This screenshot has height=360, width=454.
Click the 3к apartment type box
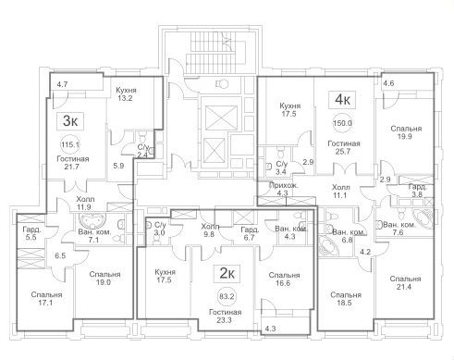click(70, 121)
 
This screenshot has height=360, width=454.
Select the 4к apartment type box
click(342, 100)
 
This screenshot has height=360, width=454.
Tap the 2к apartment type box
click(227, 274)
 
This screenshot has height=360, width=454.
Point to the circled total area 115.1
click(70, 144)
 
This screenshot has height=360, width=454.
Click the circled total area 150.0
click(342, 123)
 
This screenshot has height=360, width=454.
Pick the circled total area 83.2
click(227, 297)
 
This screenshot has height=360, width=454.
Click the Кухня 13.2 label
click(126, 94)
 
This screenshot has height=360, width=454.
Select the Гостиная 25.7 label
click(344, 147)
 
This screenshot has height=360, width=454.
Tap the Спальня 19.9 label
click(406, 132)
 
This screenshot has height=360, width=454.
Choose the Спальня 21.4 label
click(405, 283)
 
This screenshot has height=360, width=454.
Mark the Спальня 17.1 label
click(46, 299)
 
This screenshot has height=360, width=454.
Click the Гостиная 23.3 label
click(225, 317)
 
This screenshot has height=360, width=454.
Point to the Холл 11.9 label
click(85, 204)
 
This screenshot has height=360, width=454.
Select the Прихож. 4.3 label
click(283, 190)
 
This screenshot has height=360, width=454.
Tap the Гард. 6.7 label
click(250, 233)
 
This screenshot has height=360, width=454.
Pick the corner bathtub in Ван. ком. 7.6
click(422, 218)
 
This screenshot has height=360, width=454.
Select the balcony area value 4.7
click(62, 84)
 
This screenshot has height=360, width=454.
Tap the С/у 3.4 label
click(281, 168)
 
